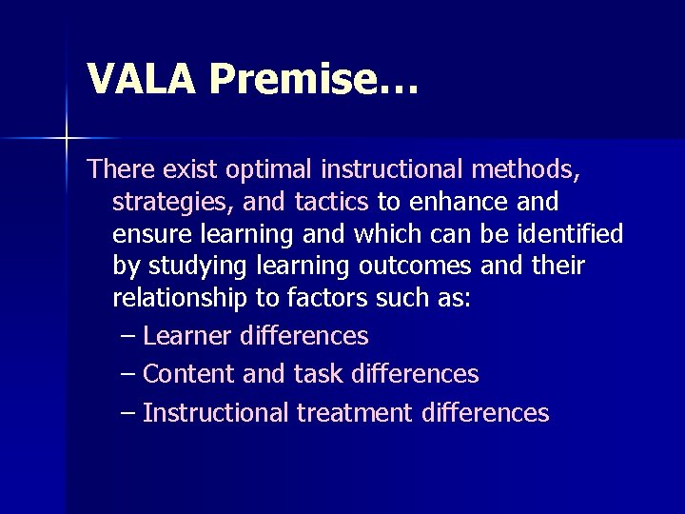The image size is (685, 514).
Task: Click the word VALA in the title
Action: click(142, 78)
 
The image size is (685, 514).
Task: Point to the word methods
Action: click(523, 169)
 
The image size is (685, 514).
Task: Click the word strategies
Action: click(159, 203)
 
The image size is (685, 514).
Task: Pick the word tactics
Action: click(326, 202)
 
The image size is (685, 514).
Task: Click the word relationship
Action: click(178, 299)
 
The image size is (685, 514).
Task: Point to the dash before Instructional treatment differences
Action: click(129, 412)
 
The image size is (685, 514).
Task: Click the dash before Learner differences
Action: click(129, 335)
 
